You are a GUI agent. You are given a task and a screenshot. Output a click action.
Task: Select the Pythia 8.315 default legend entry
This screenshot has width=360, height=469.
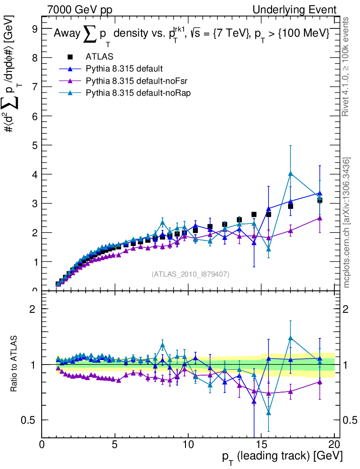coord(124,69)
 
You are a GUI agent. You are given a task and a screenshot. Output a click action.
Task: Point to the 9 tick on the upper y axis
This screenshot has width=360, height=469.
coord(34,28)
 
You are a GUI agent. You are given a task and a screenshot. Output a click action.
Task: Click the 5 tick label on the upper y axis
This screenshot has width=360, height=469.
coord(34,145)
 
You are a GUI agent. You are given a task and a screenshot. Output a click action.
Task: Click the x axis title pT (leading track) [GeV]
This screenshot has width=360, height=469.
coord(282,457)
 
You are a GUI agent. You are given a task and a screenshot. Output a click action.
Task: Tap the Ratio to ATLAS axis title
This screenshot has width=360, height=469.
coord(15,364)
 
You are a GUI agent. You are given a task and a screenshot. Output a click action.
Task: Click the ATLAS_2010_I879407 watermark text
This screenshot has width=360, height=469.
coord(191,274)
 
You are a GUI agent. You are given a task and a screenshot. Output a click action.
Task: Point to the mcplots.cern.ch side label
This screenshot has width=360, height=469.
coord(347,223)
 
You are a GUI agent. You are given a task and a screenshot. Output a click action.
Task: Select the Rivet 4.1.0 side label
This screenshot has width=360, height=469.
coord(347,67)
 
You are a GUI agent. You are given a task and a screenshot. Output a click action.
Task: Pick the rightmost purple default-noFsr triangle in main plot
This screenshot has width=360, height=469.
coord(320,218)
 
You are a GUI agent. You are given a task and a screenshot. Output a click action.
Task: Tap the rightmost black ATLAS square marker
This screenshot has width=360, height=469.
coord(320,200)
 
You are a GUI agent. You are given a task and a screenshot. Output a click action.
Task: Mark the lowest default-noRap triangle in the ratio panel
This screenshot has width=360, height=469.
coord(268,413)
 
